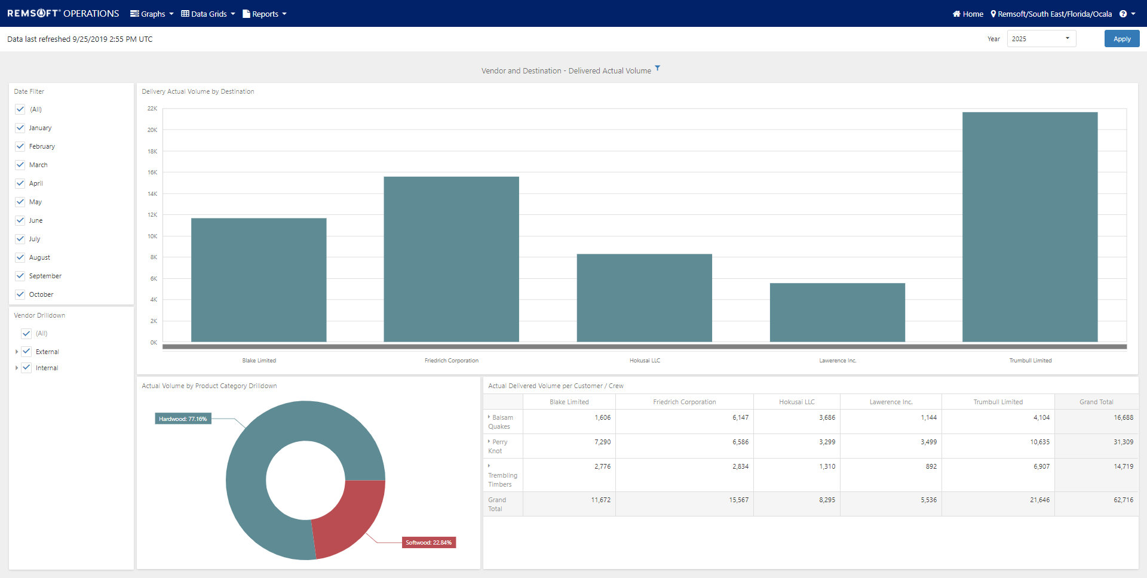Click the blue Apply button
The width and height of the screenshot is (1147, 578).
1121,39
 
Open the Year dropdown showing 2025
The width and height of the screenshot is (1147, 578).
1041,39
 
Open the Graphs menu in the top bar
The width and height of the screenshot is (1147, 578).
152,14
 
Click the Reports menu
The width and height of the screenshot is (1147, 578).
265,14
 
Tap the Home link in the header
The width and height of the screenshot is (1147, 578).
968,14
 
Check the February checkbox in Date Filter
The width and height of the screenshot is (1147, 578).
20,146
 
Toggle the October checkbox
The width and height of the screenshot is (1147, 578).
20,294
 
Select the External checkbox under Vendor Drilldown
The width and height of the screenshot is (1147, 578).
26,352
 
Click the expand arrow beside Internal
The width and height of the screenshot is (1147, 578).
16,368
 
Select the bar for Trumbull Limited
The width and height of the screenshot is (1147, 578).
1030,227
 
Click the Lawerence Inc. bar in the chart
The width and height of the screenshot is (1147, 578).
837,312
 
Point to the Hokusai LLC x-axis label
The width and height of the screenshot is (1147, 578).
645,361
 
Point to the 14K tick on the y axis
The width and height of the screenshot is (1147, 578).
152,193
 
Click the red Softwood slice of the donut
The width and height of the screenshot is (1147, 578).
346,516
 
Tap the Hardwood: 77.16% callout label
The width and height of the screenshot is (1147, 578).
183,419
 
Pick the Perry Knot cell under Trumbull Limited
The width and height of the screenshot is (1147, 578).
1039,442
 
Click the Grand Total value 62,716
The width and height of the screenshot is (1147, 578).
1123,500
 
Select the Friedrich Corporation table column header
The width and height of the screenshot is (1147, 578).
684,402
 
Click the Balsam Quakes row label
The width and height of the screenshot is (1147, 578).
502,422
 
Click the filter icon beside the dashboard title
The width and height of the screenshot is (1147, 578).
657,68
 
